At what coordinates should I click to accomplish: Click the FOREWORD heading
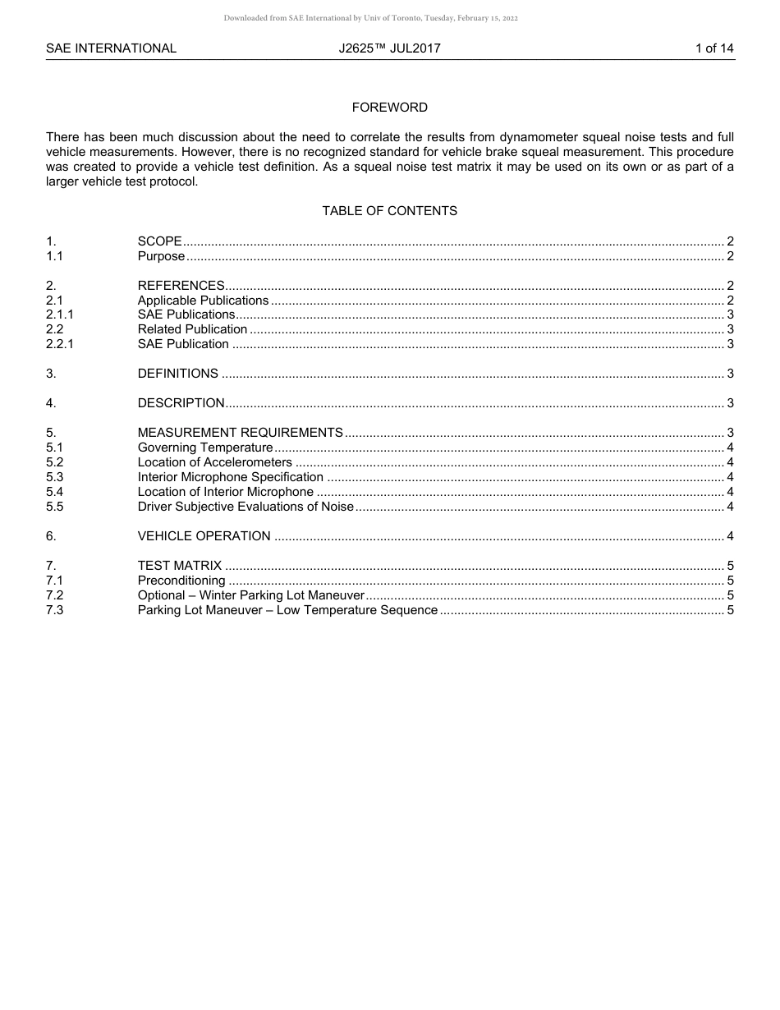(x=389, y=108)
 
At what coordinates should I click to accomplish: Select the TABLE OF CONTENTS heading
(x=389, y=211)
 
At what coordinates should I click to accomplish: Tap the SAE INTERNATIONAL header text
(x=111, y=48)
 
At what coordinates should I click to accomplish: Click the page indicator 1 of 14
(x=714, y=48)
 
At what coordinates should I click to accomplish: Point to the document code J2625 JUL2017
(x=389, y=48)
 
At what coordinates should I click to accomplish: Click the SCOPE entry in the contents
(x=159, y=241)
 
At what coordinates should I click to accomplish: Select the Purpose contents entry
(x=161, y=256)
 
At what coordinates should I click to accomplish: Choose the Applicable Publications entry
(x=203, y=301)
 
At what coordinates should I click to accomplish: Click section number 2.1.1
(x=60, y=314)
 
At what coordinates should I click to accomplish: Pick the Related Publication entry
(x=192, y=329)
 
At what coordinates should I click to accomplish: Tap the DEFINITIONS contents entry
(x=177, y=374)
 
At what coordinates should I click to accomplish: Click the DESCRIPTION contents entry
(x=181, y=403)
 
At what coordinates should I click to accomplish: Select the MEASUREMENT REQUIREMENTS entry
(x=240, y=433)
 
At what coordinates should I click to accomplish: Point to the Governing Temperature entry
(x=204, y=448)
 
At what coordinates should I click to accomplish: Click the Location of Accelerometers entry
(x=214, y=462)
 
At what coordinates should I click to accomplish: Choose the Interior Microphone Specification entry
(x=230, y=477)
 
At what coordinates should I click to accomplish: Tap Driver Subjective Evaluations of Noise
(x=245, y=507)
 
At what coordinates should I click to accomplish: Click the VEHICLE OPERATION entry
(x=204, y=536)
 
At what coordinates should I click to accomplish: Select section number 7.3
(x=54, y=610)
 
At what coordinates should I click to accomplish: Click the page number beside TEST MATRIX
(x=730, y=566)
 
